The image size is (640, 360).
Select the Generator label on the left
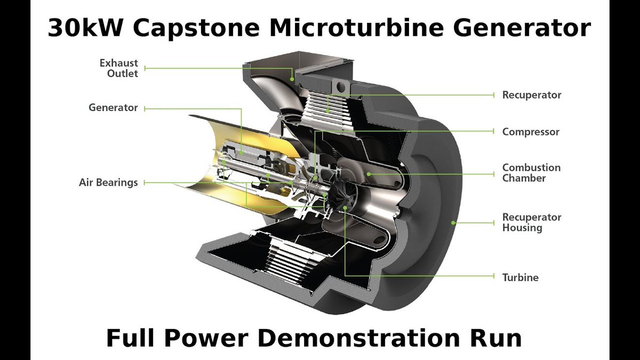pyautogui.click(x=113, y=108)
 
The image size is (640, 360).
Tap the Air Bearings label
pyautogui.click(x=108, y=182)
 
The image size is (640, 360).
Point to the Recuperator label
pyautogui.click(x=532, y=95)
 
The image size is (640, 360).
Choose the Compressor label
pyautogui.click(x=531, y=131)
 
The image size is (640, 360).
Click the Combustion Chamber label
pyautogui.click(x=531, y=173)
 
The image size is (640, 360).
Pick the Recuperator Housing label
pyautogui.click(x=532, y=222)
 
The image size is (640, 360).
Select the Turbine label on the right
pyautogui.click(x=520, y=277)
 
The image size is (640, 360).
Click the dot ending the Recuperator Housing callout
pyautogui.click(x=453, y=222)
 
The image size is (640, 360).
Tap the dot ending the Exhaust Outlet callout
pyautogui.click(x=292, y=79)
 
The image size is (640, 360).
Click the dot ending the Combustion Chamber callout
pyautogui.click(x=369, y=173)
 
